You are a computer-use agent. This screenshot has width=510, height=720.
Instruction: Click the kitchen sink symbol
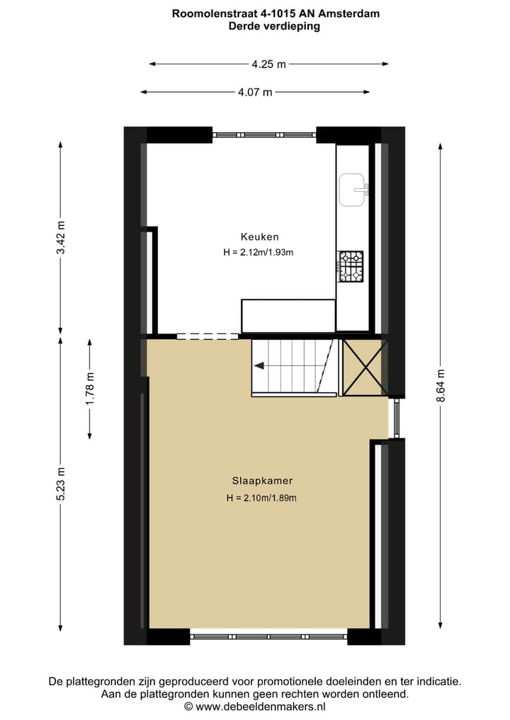click(x=353, y=190)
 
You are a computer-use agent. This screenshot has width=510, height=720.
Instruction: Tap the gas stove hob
click(x=350, y=266)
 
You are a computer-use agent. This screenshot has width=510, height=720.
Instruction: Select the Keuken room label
click(x=259, y=237)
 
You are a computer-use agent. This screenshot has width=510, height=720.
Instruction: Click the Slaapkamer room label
click(x=261, y=481)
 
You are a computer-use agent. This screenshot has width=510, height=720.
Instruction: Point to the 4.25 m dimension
click(x=268, y=64)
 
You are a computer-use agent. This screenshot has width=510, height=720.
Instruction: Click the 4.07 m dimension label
click(x=255, y=92)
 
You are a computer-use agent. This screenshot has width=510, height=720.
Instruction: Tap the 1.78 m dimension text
click(x=90, y=388)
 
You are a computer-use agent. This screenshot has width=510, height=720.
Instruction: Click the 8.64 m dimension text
click(x=441, y=386)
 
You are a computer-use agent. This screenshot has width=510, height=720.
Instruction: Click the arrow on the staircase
click(x=260, y=366)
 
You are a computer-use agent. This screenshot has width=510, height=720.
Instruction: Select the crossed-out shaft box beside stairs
click(x=364, y=367)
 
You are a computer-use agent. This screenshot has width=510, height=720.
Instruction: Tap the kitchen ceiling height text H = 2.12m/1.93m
click(x=258, y=252)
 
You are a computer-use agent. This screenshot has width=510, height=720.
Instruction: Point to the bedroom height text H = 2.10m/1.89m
click(x=261, y=498)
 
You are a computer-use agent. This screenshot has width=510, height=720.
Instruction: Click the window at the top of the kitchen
click(x=264, y=135)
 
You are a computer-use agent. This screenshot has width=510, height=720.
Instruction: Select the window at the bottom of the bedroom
click(x=268, y=636)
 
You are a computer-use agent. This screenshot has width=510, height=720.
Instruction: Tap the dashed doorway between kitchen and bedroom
click(x=208, y=336)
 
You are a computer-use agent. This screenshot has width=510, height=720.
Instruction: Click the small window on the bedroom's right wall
click(x=396, y=418)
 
